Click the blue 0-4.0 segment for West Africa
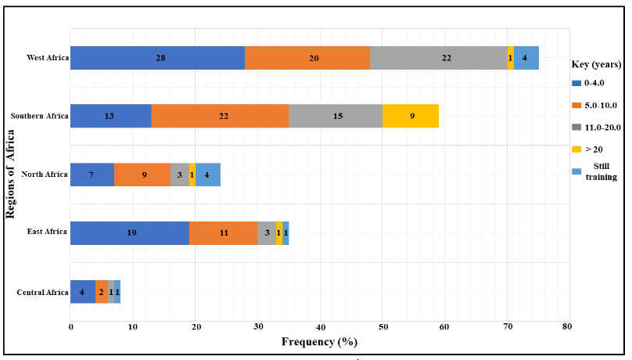tap(157, 58)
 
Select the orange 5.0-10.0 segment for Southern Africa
tap(220, 116)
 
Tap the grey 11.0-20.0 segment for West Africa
tap(439, 58)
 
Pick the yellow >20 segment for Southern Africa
tap(411, 116)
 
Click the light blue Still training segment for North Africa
tap(207, 175)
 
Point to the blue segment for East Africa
tap(130, 233)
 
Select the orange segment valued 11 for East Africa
tap(223, 233)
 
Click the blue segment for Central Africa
tap(83, 291)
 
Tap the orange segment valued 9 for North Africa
tap(142, 175)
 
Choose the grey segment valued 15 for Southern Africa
tap(336, 116)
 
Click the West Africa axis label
tap(46, 58)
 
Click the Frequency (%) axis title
tap(320, 341)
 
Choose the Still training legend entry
tap(602, 171)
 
